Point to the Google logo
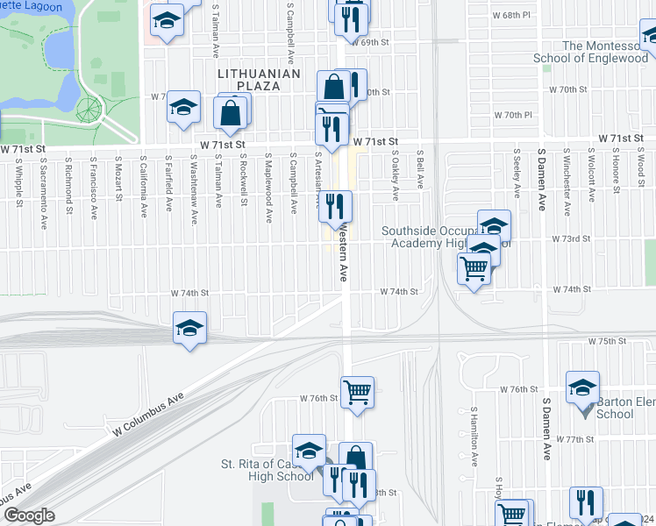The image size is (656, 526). tap(29, 515)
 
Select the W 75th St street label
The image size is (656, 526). tap(608, 340)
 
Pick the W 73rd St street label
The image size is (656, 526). tap(567, 238)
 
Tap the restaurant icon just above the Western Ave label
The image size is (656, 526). tap(335, 207)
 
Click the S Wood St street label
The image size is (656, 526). tap(640, 172)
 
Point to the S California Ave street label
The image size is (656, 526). tap(142, 186)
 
